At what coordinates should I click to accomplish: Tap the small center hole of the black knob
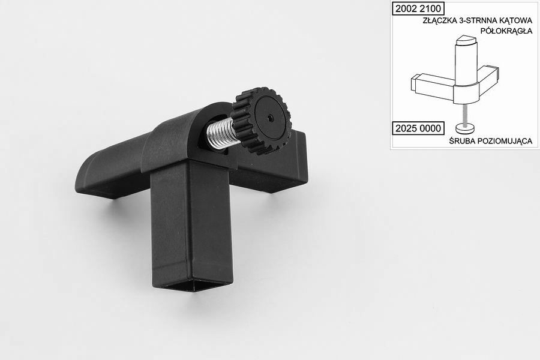(x=269, y=118)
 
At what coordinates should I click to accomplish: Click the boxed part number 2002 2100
(x=418, y=8)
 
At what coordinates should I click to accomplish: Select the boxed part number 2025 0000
(x=418, y=128)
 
